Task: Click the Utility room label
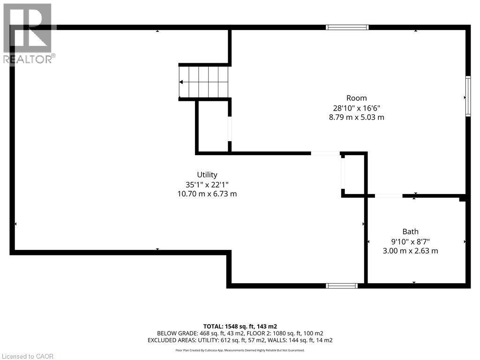coord(207,175)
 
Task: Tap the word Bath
coord(410,232)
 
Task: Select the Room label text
coord(356,98)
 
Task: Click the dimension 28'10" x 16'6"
coord(356,107)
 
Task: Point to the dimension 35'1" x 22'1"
coord(207,184)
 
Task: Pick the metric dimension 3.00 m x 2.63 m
coord(410,251)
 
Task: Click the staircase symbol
coord(204,82)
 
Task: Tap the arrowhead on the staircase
coord(181,82)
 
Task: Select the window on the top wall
coord(347,27)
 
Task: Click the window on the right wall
coord(467,96)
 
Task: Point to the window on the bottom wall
coord(342,285)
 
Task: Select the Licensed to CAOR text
coord(27,356)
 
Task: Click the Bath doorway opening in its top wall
coord(389,195)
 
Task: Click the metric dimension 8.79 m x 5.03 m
coord(356,117)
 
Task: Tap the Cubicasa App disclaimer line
coord(240,350)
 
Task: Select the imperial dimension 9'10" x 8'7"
coord(410,241)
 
